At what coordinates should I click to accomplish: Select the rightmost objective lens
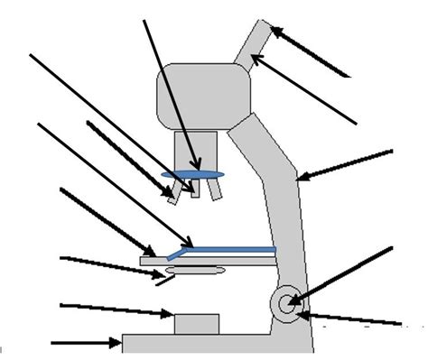214,190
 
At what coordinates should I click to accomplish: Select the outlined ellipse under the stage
195,271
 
